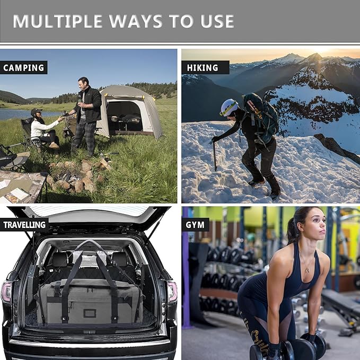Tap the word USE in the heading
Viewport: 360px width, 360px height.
click(x=214, y=21)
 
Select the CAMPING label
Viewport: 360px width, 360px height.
click(x=23, y=68)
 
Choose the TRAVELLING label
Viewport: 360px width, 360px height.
click(x=24, y=225)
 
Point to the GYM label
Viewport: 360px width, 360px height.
click(x=195, y=225)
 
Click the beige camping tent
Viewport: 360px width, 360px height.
click(x=129, y=111)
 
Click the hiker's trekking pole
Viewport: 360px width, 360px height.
click(x=215, y=154)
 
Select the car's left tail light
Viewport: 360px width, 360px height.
click(x=6, y=292)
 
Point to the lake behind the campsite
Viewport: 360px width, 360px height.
click(x=21, y=113)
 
